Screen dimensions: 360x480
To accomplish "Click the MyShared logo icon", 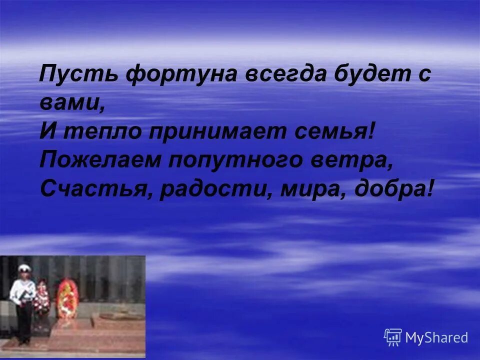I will (393, 337).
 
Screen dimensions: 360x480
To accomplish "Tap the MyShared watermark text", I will (436, 338).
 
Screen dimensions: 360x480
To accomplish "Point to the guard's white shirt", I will (23, 290).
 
